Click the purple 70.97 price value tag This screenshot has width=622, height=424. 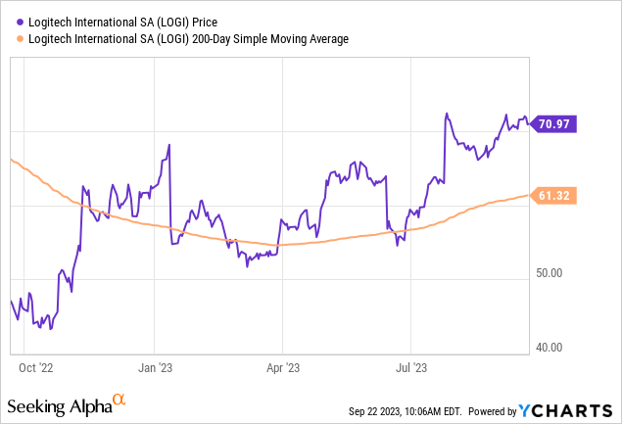[x=555, y=123]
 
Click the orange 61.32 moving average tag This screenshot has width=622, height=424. [x=555, y=196]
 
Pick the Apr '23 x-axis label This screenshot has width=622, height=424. [x=282, y=368]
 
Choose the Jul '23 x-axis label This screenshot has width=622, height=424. [x=410, y=368]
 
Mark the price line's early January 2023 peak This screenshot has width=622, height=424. [x=169, y=145]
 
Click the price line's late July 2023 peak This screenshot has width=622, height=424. [x=447, y=114]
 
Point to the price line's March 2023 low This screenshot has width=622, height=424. [x=247, y=265]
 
